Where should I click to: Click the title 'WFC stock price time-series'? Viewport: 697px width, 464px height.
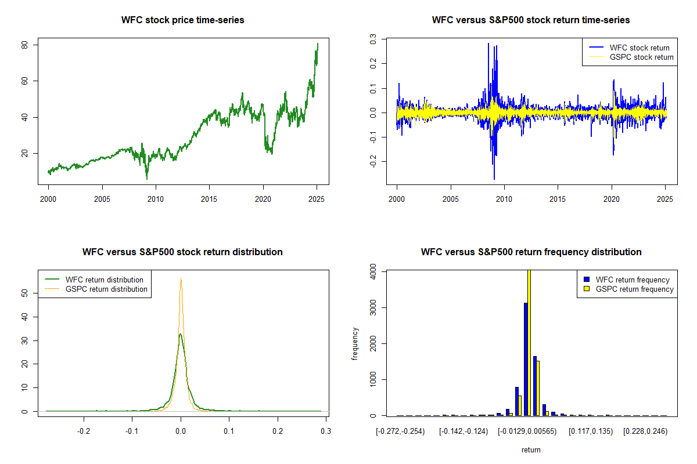click(182, 20)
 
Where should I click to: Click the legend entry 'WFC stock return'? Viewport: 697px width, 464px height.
click(639, 48)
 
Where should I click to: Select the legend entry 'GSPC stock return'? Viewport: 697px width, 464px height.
click(641, 57)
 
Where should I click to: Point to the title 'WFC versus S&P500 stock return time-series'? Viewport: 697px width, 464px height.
click(531, 20)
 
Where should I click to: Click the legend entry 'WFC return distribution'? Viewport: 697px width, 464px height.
click(104, 280)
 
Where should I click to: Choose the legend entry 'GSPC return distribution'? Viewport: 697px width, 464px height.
click(106, 289)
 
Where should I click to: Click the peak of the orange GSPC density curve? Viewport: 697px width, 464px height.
click(181, 279)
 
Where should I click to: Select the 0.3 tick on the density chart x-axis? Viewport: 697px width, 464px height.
click(326, 432)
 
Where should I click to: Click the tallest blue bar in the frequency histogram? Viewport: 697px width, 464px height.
click(526, 360)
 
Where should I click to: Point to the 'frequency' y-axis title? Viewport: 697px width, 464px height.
click(355, 343)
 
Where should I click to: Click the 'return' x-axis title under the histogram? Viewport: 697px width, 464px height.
click(531, 449)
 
